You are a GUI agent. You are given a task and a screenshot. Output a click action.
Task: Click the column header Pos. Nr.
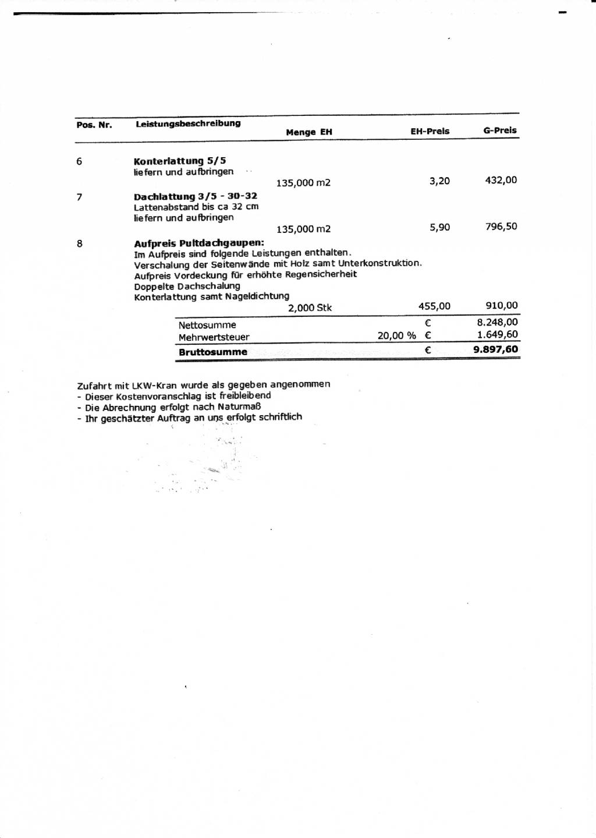(x=94, y=125)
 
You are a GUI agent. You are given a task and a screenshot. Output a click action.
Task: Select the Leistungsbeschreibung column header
(x=188, y=123)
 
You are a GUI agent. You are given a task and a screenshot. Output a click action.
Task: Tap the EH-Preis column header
(x=430, y=131)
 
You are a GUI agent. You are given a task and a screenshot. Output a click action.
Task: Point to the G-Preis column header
(x=499, y=130)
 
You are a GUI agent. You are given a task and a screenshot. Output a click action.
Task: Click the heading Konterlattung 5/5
(x=180, y=161)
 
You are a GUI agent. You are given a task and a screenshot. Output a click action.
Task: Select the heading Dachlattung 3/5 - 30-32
(x=195, y=196)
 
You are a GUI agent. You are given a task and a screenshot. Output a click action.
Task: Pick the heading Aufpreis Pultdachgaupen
(x=198, y=243)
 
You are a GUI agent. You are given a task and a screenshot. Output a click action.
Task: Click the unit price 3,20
(x=439, y=181)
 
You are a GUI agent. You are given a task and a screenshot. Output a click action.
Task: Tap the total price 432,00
(x=501, y=180)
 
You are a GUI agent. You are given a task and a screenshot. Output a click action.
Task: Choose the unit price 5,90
(x=439, y=227)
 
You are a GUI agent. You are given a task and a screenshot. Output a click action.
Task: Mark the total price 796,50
(x=501, y=226)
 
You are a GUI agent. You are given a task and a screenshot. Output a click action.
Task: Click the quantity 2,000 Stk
(x=310, y=307)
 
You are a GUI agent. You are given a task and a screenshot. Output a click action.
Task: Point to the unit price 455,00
(x=434, y=306)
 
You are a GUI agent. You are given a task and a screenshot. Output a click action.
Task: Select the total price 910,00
(x=501, y=305)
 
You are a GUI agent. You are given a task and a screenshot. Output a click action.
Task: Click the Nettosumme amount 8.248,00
(x=497, y=322)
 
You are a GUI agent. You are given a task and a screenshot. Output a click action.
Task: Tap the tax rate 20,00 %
(x=396, y=335)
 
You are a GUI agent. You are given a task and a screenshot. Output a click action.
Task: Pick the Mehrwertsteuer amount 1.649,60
(x=497, y=334)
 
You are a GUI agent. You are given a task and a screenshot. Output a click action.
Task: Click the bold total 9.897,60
(x=495, y=349)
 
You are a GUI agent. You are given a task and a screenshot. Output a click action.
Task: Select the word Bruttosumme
(x=212, y=352)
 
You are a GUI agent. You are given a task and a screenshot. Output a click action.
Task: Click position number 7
(x=79, y=197)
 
